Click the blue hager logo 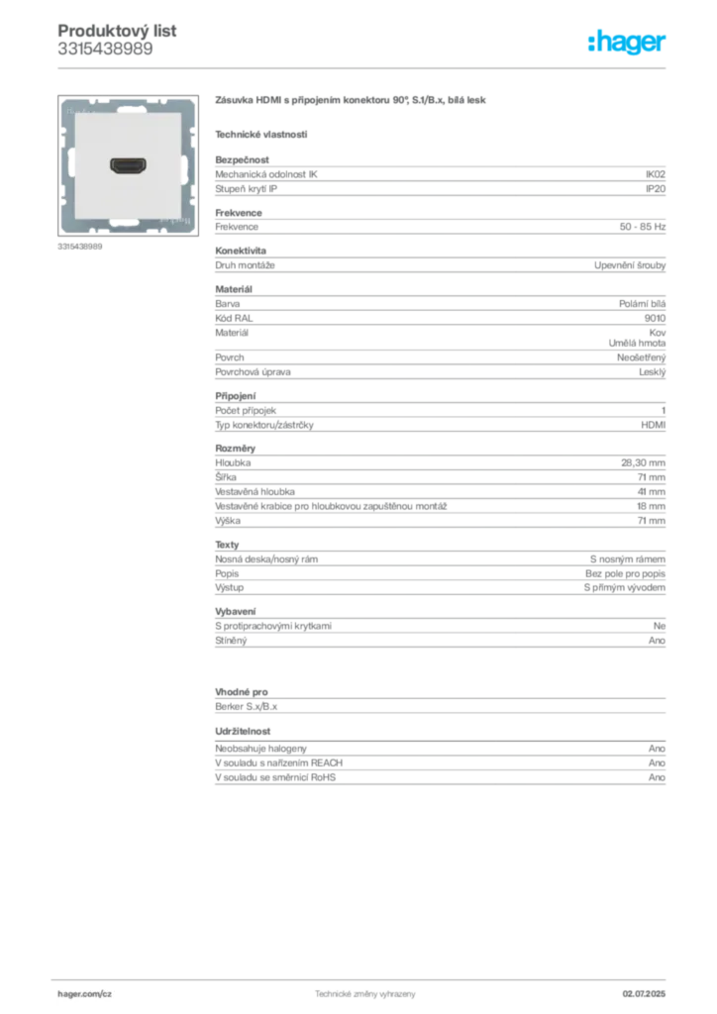point(629,43)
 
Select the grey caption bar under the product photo point(79,246)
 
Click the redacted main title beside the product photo point(353,102)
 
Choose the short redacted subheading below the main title point(261,134)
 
